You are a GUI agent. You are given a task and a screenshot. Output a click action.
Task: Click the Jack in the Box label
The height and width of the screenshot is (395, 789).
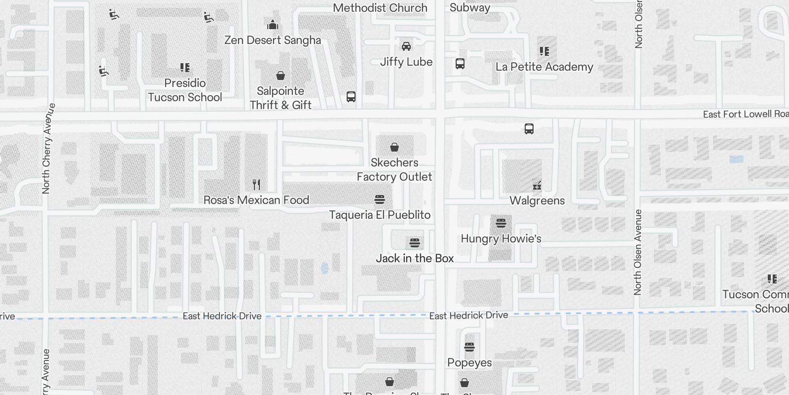coord(415,258)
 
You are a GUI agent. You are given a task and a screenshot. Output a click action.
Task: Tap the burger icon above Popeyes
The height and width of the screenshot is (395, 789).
coord(469,347)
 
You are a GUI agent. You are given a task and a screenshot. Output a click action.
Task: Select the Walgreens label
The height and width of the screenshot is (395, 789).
coord(537,200)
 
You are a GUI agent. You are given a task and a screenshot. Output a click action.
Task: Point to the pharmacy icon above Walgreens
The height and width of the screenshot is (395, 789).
coord(537,186)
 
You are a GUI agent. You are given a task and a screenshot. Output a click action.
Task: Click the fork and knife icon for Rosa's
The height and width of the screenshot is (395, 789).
coord(256,185)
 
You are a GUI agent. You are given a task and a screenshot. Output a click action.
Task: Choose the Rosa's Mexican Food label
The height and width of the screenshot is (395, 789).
coord(256,200)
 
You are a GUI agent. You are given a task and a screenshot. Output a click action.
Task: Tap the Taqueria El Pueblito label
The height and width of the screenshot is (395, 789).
coord(380,215)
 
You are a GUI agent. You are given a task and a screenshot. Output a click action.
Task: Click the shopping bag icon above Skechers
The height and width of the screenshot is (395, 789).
coord(394,147)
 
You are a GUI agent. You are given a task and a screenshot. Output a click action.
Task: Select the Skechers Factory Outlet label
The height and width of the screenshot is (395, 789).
coord(394,169)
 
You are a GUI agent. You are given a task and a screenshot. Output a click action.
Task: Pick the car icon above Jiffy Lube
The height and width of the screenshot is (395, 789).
coord(406,46)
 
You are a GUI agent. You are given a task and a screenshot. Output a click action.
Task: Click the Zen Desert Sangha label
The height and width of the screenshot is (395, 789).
coord(273,40)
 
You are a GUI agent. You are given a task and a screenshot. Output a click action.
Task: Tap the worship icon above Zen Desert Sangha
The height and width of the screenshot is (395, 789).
coord(273,25)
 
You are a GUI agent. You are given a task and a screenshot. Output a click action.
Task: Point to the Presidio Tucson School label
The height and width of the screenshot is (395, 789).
coord(185,90)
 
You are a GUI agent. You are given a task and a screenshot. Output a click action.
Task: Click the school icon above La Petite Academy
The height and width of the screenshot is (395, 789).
coord(544,51)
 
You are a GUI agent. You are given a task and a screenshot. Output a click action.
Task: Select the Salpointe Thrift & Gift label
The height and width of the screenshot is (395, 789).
coord(281,98)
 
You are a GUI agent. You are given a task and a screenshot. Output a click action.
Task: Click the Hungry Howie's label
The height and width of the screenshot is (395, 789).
coord(501,238)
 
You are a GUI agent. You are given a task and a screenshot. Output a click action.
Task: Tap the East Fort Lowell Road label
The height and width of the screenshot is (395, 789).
coord(745,114)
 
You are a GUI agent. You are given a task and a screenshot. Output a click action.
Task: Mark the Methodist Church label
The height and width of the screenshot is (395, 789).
coord(380,8)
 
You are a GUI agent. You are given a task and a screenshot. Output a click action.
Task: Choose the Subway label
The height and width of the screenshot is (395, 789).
coord(470,7)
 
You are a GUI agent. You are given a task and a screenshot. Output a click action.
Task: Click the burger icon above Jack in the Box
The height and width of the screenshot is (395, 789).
coord(415,243)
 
